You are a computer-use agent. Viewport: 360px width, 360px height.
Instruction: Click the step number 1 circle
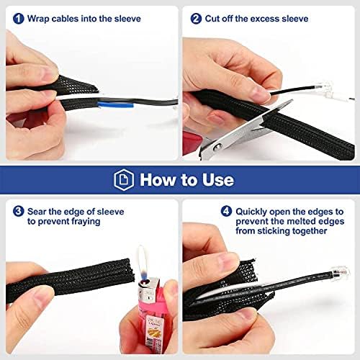click(19, 19)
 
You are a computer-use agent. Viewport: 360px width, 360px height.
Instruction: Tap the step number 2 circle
click(196, 19)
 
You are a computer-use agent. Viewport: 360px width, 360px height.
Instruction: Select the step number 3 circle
click(19, 212)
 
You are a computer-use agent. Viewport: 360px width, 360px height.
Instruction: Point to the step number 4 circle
click(226, 212)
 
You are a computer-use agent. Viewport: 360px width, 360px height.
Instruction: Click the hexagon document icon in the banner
click(124, 180)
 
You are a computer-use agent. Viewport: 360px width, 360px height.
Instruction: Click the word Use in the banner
click(218, 180)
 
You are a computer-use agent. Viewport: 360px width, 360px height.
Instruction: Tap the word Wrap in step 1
click(38, 19)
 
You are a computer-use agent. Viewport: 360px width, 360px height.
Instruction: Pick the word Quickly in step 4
click(251, 212)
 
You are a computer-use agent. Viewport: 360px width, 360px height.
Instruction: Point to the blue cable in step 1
click(115, 105)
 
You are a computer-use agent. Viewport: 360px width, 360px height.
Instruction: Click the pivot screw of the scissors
click(217, 147)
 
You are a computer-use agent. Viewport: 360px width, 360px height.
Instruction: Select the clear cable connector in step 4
click(341, 272)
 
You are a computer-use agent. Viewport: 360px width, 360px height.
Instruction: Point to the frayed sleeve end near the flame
click(129, 270)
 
